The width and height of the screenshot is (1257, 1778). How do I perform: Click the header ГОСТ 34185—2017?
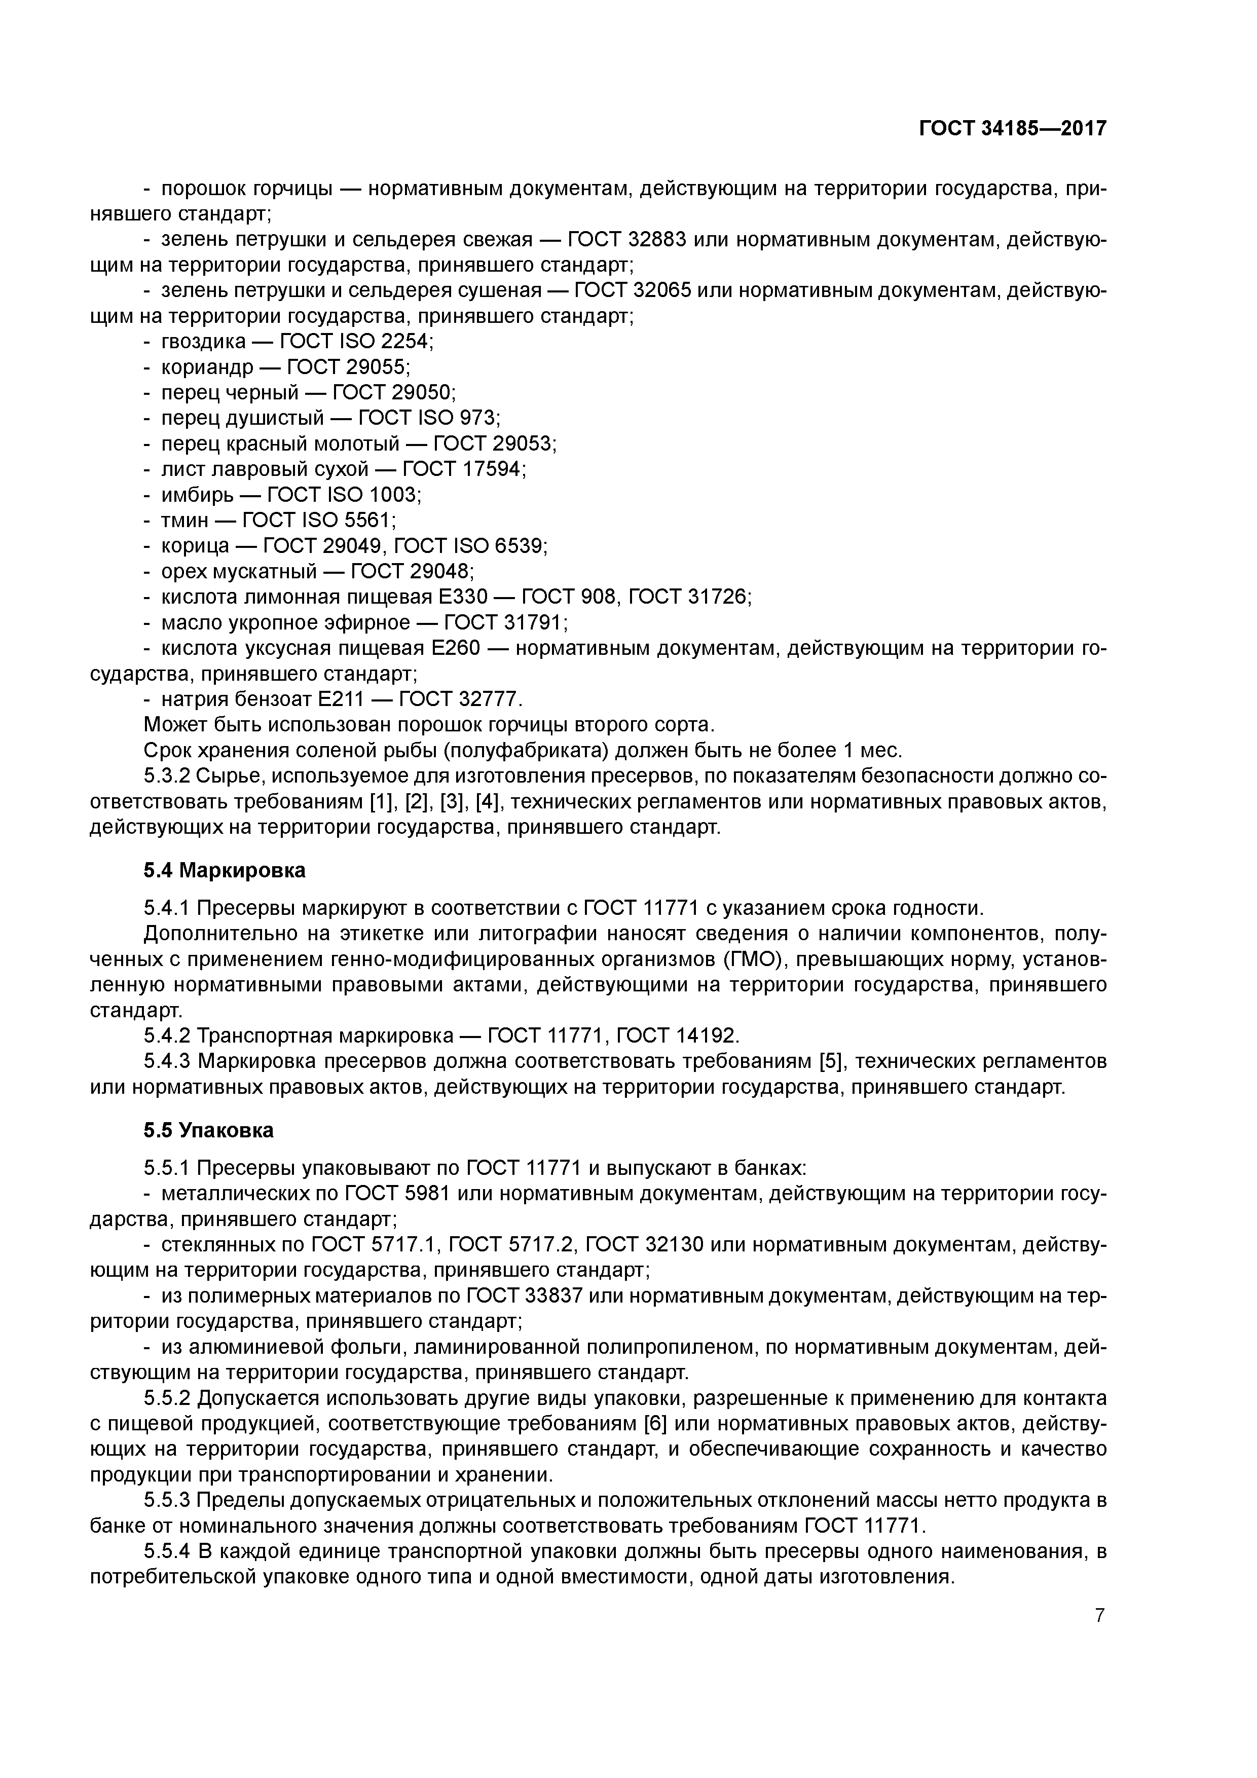1012,129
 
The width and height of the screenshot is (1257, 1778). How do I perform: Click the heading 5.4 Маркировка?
224,870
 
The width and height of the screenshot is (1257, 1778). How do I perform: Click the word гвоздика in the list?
203,342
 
